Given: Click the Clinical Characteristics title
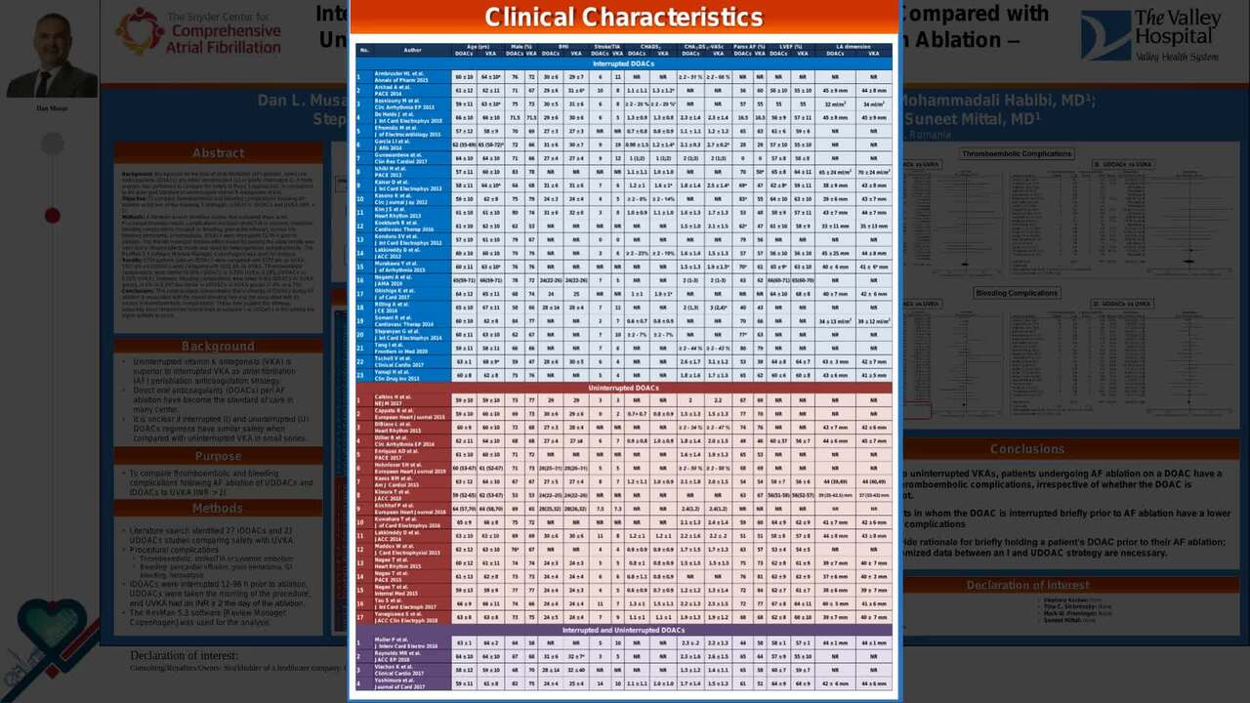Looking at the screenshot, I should point(623,18).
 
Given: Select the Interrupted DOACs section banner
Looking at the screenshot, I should point(623,63).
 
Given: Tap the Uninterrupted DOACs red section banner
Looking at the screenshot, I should point(623,388).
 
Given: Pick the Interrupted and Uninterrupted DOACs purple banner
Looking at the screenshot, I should point(623,630).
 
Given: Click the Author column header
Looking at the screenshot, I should point(412,50).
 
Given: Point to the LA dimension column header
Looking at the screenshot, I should point(854,46).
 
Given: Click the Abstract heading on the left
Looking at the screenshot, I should point(218,153).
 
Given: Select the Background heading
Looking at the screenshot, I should point(218,346).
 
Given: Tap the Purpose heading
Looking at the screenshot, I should point(218,456).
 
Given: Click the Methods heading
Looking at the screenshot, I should point(218,508).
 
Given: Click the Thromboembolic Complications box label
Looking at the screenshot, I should point(1017,153).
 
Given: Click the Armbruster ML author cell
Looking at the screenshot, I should point(402,76).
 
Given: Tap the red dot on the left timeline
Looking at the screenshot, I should point(53,215).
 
